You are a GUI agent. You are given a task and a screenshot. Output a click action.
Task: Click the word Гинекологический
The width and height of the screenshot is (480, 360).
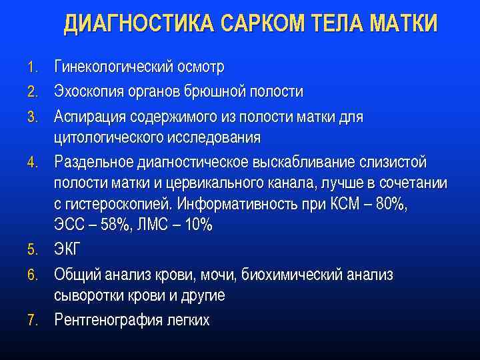point(115,67)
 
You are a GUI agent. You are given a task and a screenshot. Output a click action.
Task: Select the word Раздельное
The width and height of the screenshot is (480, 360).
point(93,163)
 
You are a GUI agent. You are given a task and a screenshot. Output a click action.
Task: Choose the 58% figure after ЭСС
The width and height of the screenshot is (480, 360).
point(116,225)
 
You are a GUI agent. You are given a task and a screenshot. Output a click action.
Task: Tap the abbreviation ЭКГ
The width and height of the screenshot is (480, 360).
point(67,250)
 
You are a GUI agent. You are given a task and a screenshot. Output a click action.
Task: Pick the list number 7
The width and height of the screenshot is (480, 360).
point(33,321)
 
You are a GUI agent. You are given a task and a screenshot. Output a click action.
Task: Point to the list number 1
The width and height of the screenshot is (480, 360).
point(33,68)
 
